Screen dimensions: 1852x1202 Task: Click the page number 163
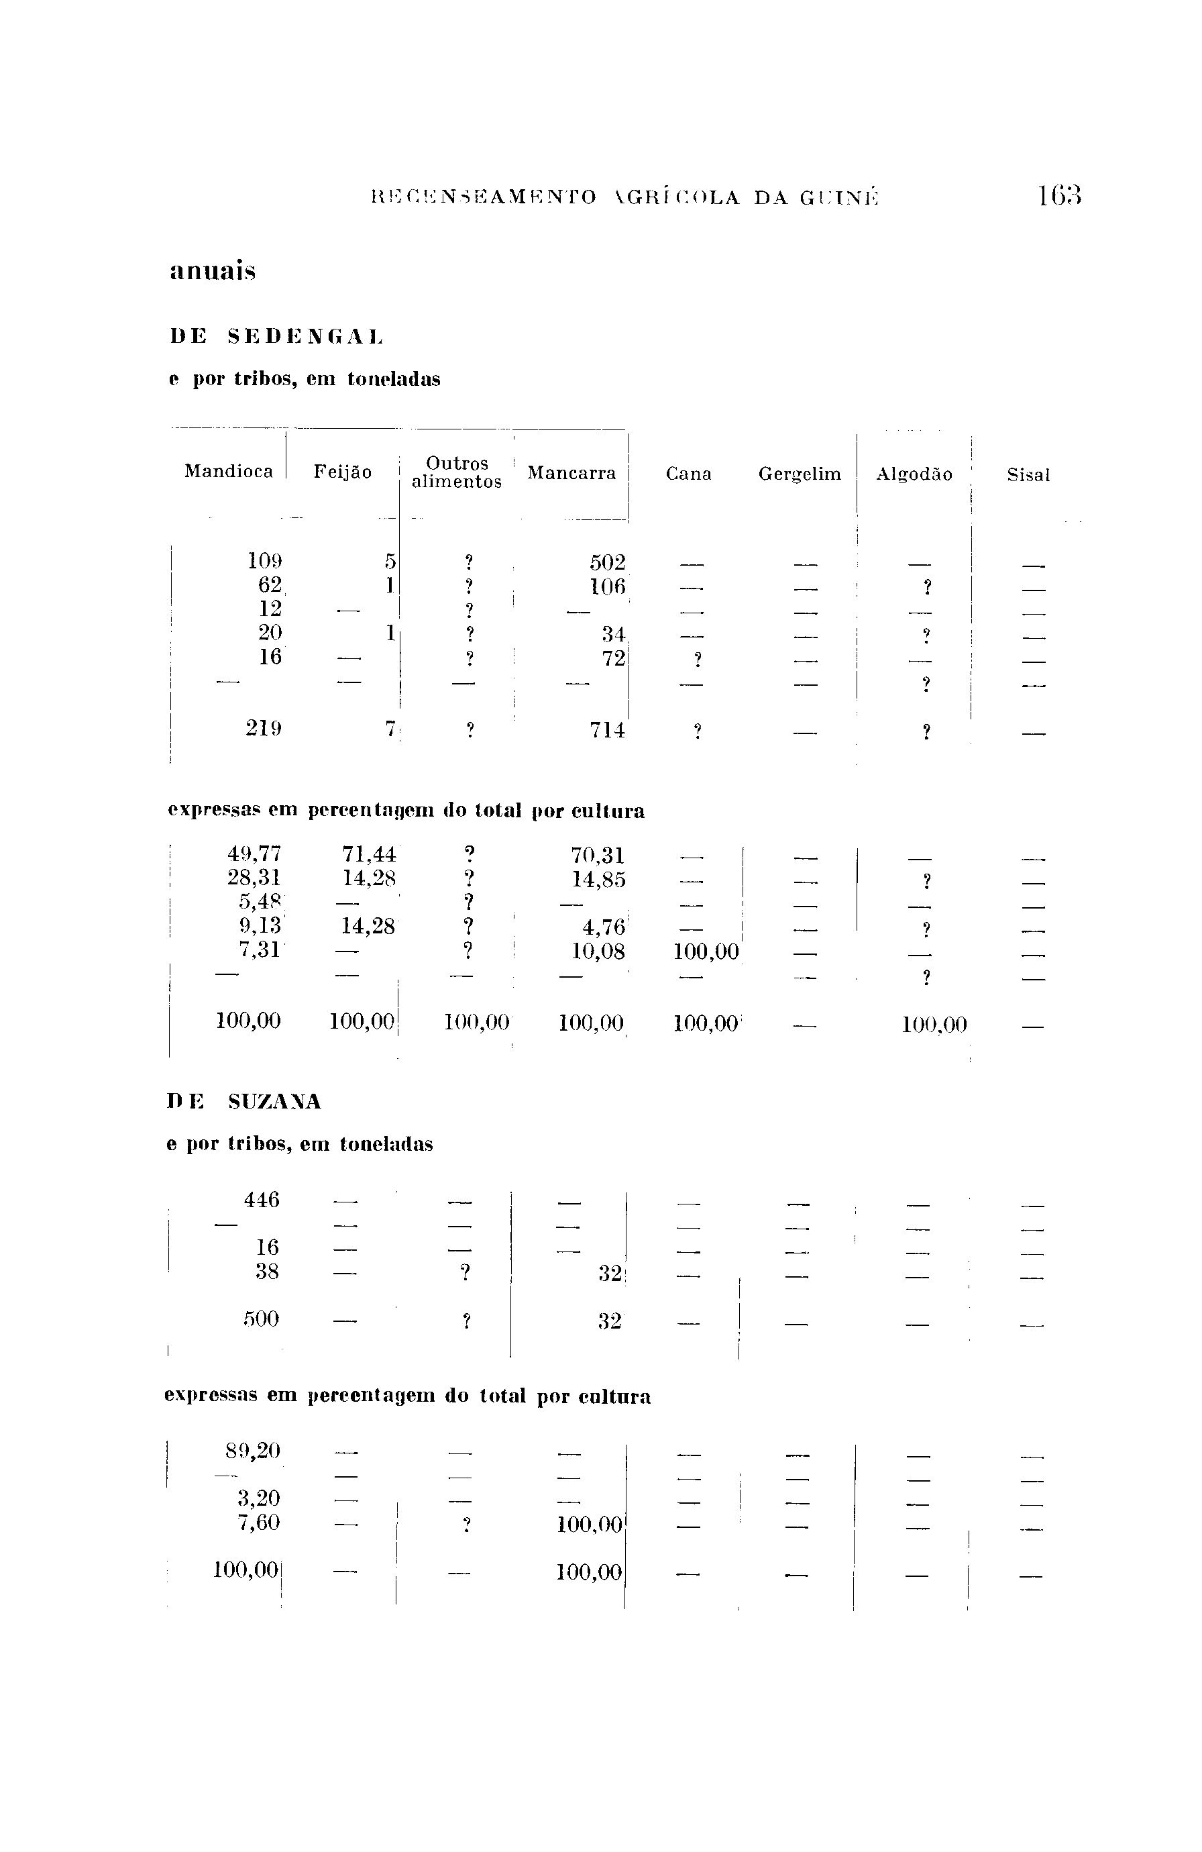pyautogui.click(x=1059, y=195)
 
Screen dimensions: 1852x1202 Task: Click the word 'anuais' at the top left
pyautogui.click(x=213, y=272)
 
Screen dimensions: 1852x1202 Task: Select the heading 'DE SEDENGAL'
pyautogui.click(x=277, y=337)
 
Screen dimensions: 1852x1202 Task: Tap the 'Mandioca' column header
pyautogui.click(x=229, y=472)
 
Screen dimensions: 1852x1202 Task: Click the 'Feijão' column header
pyautogui.click(x=342, y=472)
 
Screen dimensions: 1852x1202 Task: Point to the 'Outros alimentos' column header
pyautogui.click(x=457, y=472)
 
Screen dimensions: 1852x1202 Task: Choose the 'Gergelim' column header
pyautogui.click(x=800, y=474)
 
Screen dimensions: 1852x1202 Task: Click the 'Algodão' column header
pyautogui.click(x=914, y=474)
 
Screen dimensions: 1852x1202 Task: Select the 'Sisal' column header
pyautogui.click(x=1028, y=474)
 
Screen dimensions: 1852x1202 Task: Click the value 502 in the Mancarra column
pyautogui.click(x=608, y=562)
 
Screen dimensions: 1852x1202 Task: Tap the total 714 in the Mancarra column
pyautogui.click(x=608, y=730)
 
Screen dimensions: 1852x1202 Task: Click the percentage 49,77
pyautogui.click(x=254, y=854)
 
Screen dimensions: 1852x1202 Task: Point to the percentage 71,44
pyautogui.click(x=369, y=854)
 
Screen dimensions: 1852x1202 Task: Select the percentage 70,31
pyautogui.click(x=598, y=856)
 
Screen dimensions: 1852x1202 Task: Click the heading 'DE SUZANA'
pyautogui.click(x=243, y=1102)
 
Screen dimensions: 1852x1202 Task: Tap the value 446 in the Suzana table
pyautogui.click(x=262, y=1200)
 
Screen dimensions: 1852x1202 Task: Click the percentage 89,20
pyautogui.click(x=253, y=1451)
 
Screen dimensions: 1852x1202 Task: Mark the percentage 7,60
pyautogui.click(x=258, y=1522)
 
